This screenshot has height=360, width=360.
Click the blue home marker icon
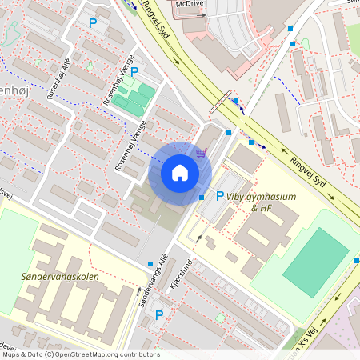[x=180, y=173]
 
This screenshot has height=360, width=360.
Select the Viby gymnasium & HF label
[x=261, y=202]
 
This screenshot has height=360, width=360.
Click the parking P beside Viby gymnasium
[x=220, y=195]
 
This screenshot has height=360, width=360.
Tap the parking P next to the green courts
[x=134, y=72]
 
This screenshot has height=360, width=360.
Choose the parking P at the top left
[x=93, y=24]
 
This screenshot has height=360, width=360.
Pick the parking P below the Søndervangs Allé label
[x=158, y=314]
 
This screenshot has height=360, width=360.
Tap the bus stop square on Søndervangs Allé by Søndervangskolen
[x=150, y=264]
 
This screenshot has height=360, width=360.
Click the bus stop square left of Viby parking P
[x=201, y=198]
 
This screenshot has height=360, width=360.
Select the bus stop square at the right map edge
[x=356, y=261]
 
